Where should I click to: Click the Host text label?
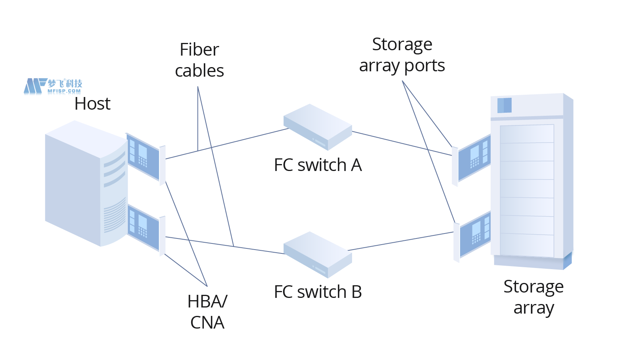[92, 104]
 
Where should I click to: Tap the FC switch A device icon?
[318, 127]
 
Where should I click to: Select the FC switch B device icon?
[318, 255]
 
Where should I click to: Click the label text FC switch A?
[318, 165]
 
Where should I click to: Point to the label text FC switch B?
[318, 292]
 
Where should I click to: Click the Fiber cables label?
[199, 60]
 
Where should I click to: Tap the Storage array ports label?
[402, 55]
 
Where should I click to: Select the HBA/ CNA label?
[207, 312]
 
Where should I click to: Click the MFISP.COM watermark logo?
[53, 86]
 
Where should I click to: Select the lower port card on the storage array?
[474, 235]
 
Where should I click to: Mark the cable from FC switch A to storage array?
[402, 143]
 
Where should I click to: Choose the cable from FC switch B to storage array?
[402, 241]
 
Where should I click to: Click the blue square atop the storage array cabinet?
[504, 105]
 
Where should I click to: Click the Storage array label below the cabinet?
[533, 297]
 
